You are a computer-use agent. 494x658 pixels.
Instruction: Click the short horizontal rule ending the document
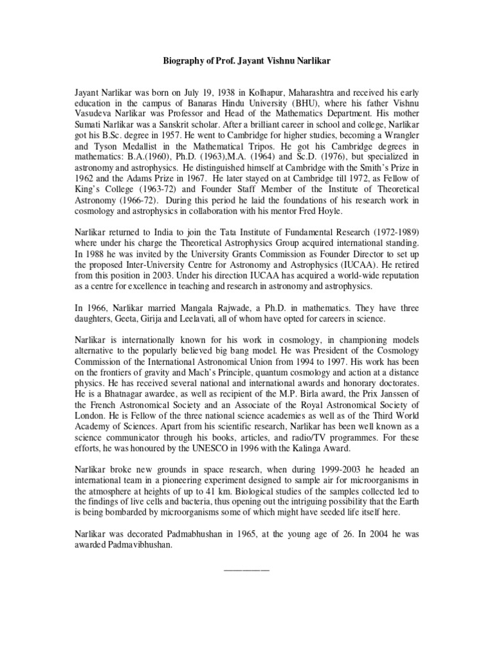(246, 570)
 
